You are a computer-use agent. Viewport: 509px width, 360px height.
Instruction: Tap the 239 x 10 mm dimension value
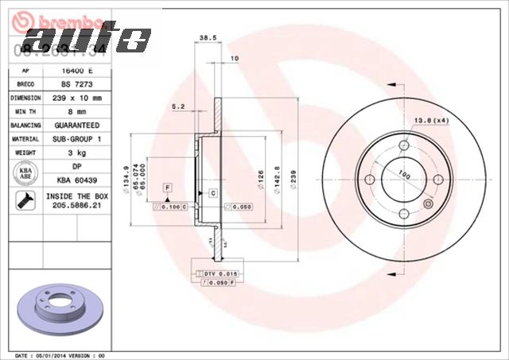click(76, 97)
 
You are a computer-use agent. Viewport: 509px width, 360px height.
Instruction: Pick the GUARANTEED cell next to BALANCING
click(76, 126)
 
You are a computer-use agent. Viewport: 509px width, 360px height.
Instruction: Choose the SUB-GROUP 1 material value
click(76, 139)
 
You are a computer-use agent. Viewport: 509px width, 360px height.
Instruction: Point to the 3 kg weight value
click(76, 153)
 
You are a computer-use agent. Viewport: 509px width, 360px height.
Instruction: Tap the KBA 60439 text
click(76, 181)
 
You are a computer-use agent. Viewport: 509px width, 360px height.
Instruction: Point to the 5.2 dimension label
click(178, 106)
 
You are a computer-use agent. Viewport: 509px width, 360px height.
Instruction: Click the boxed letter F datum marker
click(168, 187)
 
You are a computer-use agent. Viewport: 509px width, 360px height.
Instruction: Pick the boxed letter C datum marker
click(213, 193)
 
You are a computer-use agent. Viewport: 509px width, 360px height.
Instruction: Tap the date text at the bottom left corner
click(60, 355)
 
